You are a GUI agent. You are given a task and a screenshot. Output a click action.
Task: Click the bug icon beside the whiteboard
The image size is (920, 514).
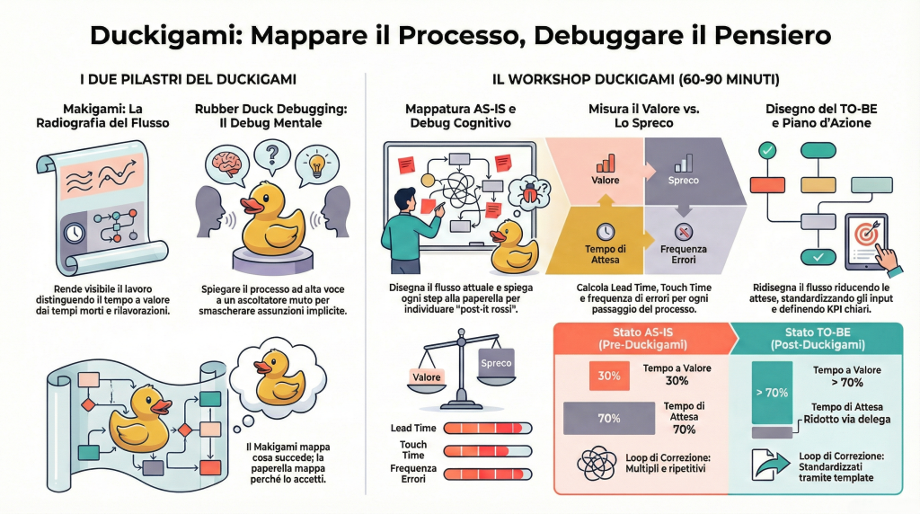(x=524, y=193)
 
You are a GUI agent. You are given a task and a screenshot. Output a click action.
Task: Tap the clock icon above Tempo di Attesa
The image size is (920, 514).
(x=606, y=229)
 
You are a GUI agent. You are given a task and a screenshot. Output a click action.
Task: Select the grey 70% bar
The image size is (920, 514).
(x=609, y=418)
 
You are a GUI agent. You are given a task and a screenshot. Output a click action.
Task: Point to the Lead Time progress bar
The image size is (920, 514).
(x=488, y=428)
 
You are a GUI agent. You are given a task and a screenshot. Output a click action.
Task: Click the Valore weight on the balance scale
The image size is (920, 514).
(x=427, y=377)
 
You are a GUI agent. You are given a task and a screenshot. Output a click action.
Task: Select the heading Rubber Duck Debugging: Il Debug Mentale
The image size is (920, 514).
(x=271, y=116)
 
